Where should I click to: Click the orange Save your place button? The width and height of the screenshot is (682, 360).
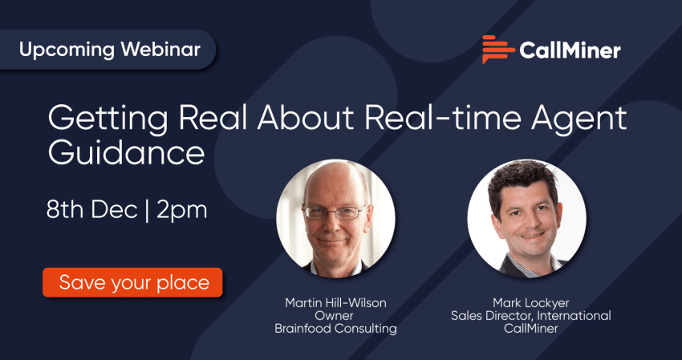click(x=132, y=282)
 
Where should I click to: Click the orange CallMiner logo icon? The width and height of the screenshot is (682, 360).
click(x=498, y=49)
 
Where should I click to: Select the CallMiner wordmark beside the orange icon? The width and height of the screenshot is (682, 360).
click(x=570, y=51)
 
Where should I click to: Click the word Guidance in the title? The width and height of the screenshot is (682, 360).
click(x=126, y=152)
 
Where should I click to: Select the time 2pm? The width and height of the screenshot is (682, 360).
click(x=182, y=212)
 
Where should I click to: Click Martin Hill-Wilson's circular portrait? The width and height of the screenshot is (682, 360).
click(x=335, y=219)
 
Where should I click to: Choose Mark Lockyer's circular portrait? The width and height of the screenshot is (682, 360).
click(x=526, y=219)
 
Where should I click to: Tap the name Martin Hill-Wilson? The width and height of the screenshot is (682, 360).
click(x=335, y=303)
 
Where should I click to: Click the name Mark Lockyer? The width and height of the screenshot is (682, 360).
click(x=530, y=303)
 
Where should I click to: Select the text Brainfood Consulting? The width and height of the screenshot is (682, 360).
click(x=335, y=329)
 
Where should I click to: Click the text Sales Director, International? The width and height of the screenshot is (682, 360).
click(x=530, y=316)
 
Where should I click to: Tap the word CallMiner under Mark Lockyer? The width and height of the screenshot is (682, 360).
click(x=530, y=329)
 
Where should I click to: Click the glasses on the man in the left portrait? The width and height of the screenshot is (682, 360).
click(x=335, y=212)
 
